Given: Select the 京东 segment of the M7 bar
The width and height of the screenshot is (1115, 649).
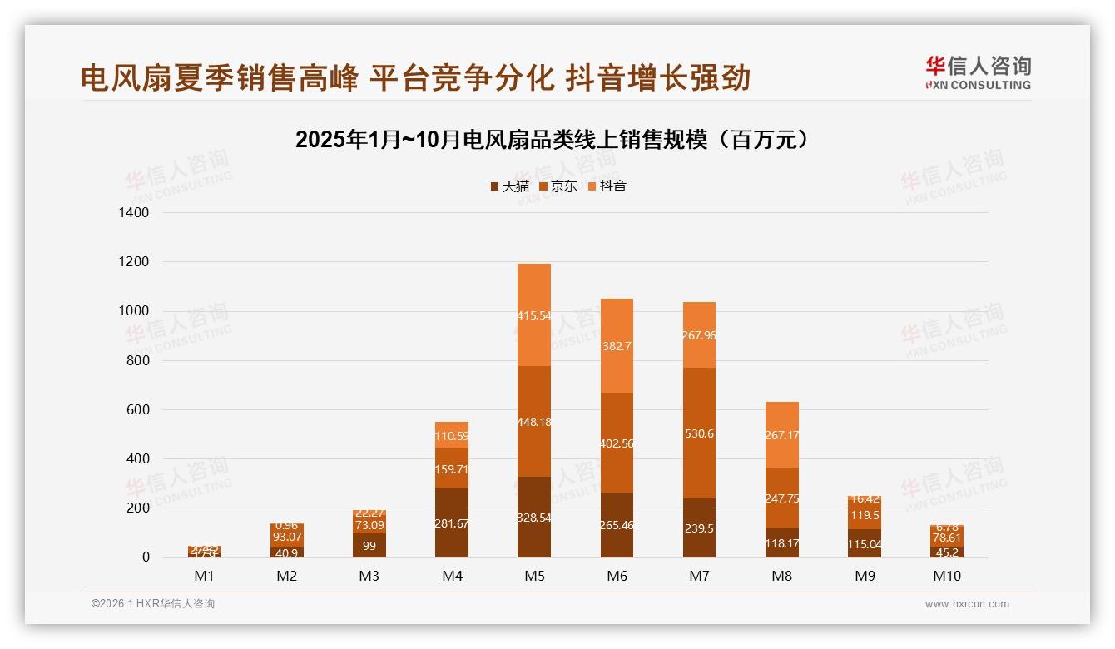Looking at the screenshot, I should pyautogui.click(x=698, y=433).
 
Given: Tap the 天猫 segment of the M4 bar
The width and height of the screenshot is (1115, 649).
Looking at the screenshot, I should pyautogui.click(x=451, y=523).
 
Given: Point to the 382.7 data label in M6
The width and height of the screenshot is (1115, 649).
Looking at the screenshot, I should pyautogui.click(x=616, y=346).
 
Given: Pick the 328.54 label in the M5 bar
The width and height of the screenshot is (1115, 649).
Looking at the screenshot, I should pyautogui.click(x=533, y=518).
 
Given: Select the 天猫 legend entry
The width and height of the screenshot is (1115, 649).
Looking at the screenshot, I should pyautogui.click(x=509, y=186).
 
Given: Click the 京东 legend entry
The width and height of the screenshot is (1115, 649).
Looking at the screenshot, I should pyautogui.click(x=558, y=186).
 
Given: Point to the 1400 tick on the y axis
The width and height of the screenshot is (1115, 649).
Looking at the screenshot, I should pyautogui.click(x=134, y=213).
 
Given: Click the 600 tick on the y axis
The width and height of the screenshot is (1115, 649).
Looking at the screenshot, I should pyautogui.click(x=137, y=410).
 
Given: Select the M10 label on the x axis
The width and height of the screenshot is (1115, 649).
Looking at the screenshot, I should pyautogui.click(x=945, y=576).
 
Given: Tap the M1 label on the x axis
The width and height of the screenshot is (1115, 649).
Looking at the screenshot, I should pyautogui.click(x=204, y=576).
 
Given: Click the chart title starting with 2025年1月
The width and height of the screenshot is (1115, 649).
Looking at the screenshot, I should pyautogui.click(x=552, y=140).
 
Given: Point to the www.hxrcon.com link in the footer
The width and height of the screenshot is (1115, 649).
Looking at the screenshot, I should pyautogui.click(x=967, y=604).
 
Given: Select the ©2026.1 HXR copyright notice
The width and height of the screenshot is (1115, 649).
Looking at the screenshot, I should pyautogui.click(x=153, y=604).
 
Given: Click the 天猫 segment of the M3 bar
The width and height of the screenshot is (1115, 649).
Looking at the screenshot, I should pyautogui.click(x=369, y=545).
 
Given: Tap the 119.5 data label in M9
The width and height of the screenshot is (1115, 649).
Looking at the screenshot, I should pyautogui.click(x=864, y=515).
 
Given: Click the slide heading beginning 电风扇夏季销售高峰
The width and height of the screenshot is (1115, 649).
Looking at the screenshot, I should pyautogui.click(x=415, y=77).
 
